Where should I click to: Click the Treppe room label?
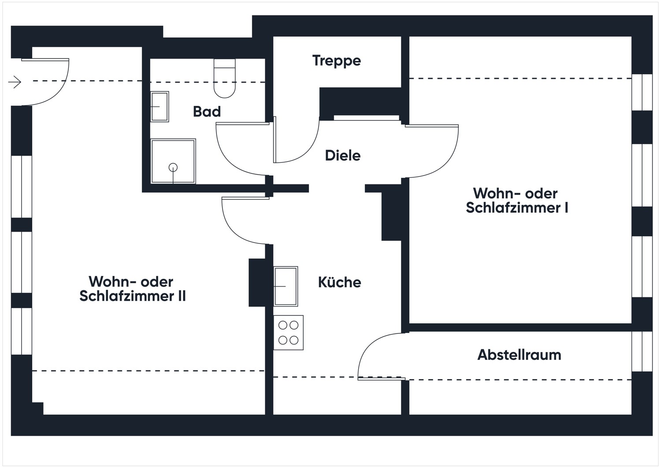336,60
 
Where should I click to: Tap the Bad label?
207,112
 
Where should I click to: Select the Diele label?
342,155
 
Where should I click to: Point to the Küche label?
339,282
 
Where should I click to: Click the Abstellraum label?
519,355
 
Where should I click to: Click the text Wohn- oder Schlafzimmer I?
516,201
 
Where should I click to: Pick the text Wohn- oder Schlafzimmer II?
132,289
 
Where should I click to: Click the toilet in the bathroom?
225,79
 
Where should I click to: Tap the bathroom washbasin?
160,107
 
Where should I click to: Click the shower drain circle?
173,167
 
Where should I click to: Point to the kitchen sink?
286,286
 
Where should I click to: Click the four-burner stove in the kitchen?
288,333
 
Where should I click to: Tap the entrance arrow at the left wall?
15,82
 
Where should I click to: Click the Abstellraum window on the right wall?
642,351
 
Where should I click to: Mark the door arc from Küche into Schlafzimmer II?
234,229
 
